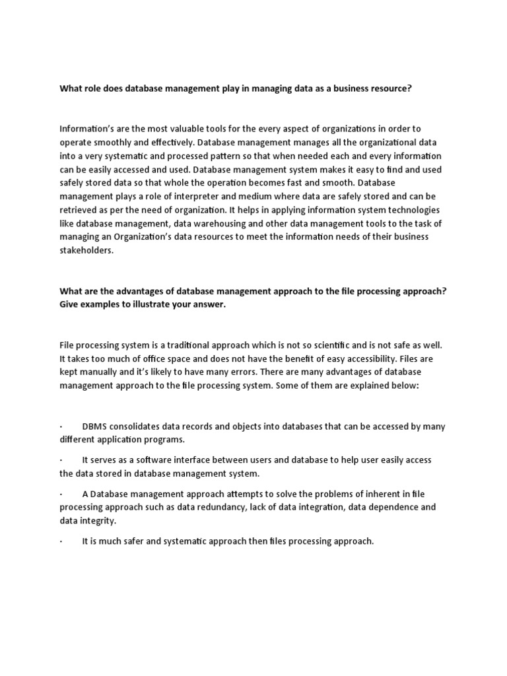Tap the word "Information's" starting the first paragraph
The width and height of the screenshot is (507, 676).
pyautogui.click(x=86, y=129)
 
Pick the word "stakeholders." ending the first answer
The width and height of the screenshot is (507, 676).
pyautogui.click(x=86, y=251)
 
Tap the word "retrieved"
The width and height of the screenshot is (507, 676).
pyautogui.click(x=79, y=211)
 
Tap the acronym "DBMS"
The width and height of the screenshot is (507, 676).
pyautogui.click(x=95, y=426)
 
